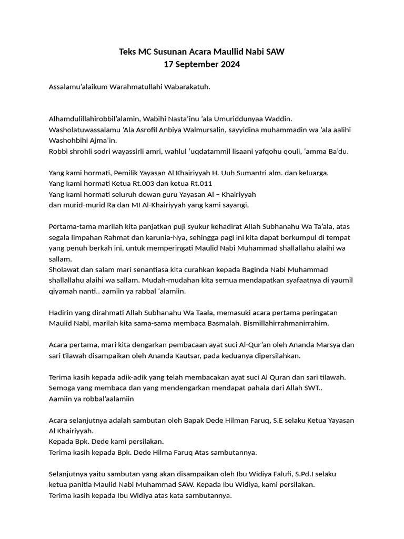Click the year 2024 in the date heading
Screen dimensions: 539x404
pyautogui.click(x=229, y=65)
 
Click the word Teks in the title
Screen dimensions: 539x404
pyautogui.click(x=128, y=52)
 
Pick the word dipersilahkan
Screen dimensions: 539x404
pyautogui.click(x=277, y=355)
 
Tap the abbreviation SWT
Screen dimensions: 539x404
pyautogui.click(x=310, y=388)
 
